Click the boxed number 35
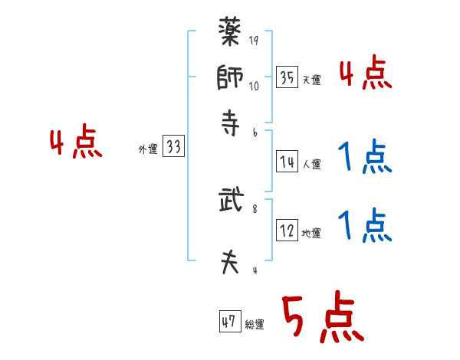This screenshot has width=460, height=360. (287, 77)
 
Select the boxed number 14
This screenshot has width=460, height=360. (287, 162)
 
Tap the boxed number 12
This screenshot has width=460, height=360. (287, 231)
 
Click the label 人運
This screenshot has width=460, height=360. (311, 165)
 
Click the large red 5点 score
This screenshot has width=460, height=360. (321, 319)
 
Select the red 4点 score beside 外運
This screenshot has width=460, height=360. (76, 144)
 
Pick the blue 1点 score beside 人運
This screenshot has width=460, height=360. (364, 159)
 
